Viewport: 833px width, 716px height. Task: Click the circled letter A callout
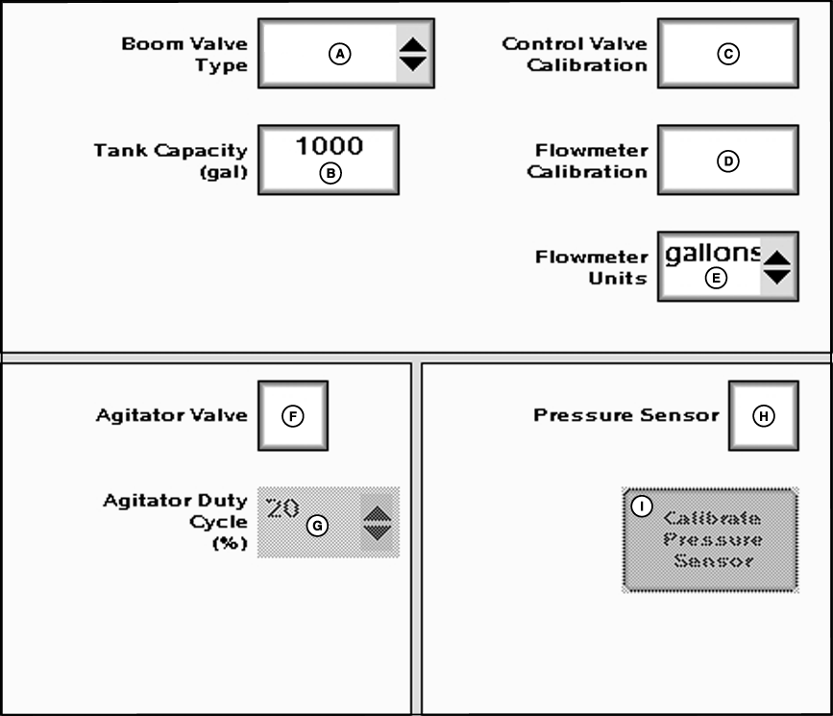click(338, 55)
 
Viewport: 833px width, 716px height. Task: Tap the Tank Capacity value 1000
click(329, 146)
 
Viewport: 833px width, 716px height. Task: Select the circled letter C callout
click(727, 55)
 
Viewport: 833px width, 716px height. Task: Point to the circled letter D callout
click(727, 161)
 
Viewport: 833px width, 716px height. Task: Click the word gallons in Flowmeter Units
click(712, 255)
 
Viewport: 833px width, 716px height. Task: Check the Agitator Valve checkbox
click(293, 415)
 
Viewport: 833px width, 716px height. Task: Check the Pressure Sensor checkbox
click(763, 415)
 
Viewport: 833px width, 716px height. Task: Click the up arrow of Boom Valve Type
click(413, 44)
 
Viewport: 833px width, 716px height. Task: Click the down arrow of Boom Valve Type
click(413, 63)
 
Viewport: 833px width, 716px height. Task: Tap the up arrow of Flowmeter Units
click(777, 258)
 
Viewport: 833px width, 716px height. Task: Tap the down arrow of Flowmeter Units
click(777, 277)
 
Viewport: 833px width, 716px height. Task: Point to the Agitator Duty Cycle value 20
click(282, 508)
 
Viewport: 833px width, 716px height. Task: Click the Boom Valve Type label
click(184, 55)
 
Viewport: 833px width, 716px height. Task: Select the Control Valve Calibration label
click(575, 55)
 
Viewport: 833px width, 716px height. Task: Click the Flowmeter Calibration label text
click(591, 161)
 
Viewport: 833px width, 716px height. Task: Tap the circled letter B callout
click(331, 174)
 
